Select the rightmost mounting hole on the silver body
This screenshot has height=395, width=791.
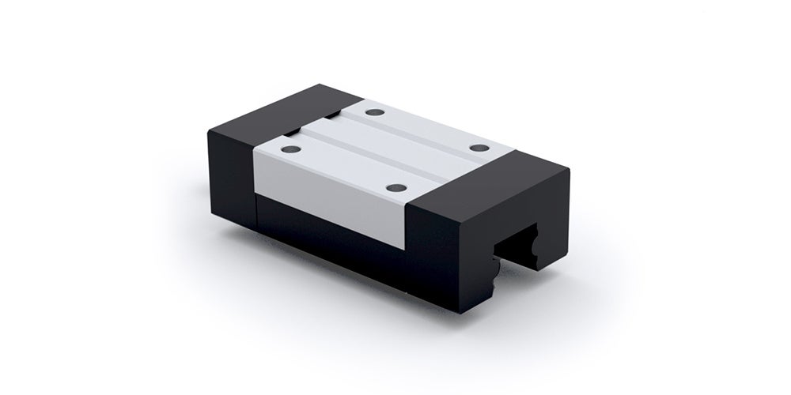(479, 148)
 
